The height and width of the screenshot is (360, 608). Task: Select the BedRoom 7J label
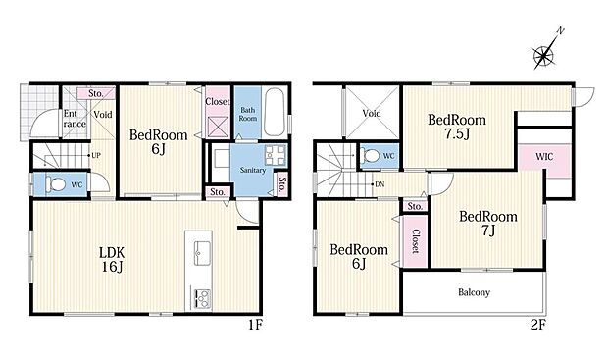click(x=487, y=223)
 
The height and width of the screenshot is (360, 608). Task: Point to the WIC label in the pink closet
click(x=543, y=157)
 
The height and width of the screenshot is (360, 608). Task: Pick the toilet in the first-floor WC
click(x=55, y=183)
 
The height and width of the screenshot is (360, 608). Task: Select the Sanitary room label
click(x=250, y=169)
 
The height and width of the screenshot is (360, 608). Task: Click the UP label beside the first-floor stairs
click(x=96, y=155)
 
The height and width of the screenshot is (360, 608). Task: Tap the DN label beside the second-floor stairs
click(x=378, y=183)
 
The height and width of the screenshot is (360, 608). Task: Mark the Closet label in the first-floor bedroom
click(x=218, y=100)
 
